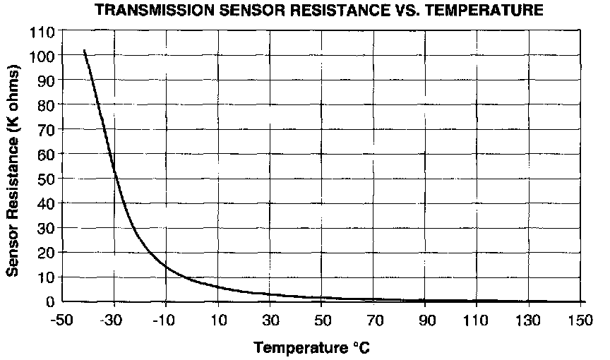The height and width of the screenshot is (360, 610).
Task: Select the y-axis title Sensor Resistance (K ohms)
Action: coord(12,170)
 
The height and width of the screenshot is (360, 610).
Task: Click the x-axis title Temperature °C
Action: coord(312,347)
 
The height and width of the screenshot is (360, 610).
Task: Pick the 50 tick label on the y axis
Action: coord(49,179)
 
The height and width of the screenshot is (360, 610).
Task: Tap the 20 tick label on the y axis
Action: coord(49,253)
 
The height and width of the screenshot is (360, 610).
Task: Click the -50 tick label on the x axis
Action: coord(62,320)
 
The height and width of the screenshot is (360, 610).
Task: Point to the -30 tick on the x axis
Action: coord(114,320)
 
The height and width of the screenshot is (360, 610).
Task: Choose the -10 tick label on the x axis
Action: coord(165,320)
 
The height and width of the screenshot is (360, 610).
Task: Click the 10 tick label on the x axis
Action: coord(218,320)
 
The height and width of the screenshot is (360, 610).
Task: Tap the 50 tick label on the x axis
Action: coord(322,320)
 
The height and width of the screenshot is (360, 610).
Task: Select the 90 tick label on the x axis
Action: coord(425,320)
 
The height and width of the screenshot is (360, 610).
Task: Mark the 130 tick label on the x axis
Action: coord(529,320)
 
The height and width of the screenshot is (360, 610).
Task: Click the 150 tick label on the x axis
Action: coord(580,320)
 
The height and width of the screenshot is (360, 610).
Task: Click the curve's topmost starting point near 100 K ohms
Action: coord(85,51)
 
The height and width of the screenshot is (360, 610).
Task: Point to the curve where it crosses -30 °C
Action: coord(114,170)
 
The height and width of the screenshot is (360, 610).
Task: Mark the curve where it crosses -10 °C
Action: coord(166,266)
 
